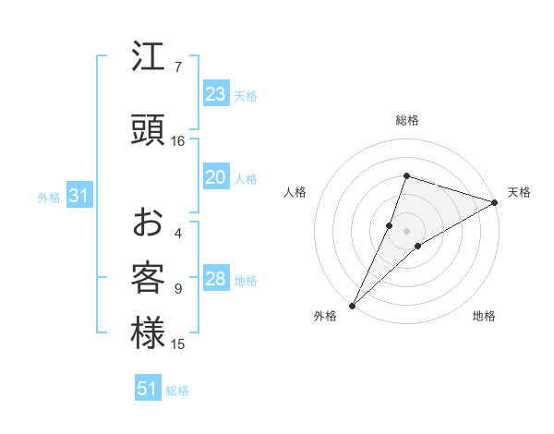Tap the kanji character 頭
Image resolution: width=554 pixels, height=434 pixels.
[x=148, y=130]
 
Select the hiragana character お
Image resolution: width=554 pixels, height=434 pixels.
[x=148, y=223]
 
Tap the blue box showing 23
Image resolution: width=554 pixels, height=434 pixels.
[x=216, y=94]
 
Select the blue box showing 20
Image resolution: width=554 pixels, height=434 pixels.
[x=216, y=177]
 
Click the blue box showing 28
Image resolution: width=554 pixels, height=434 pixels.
[x=216, y=280]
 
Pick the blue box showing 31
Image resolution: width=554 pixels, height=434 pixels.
[x=79, y=197]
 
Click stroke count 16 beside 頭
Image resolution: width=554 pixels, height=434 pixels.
[x=178, y=141]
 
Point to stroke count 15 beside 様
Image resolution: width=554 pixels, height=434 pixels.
[x=178, y=344]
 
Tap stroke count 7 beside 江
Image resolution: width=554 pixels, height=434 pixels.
[x=178, y=67]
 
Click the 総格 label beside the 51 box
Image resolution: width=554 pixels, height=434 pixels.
[x=177, y=391]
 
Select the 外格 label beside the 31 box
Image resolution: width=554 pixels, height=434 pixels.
[x=49, y=198]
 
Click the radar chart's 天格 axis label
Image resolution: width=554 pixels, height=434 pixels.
[x=519, y=192]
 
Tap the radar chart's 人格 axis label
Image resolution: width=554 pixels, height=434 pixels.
[x=295, y=192]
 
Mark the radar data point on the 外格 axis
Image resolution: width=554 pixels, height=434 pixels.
[x=352, y=305]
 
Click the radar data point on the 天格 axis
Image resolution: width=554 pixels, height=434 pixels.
[x=495, y=202]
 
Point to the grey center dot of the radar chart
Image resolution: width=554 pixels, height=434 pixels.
[x=406, y=230]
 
